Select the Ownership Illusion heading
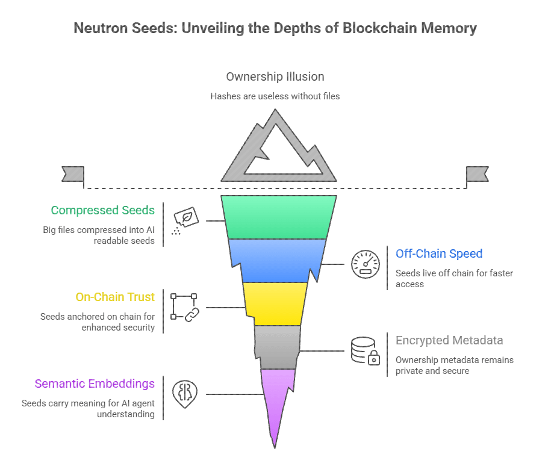click(x=275, y=76)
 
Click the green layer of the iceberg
click(x=278, y=217)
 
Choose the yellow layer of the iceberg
click(x=275, y=303)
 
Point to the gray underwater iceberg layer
click(x=277, y=346)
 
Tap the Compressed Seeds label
click(x=102, y=210)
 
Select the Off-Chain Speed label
click(x=439, y=253)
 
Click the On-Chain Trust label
click(x=115, y=297)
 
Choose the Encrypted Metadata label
click(x=449, y=340)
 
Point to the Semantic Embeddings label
click(x=95, y=384)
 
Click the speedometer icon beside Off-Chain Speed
click(x=365, y=263)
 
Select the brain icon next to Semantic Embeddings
click(x=185, y=393)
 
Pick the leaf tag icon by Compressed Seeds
click(x=185, y=220)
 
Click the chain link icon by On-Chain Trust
click(x=185, y=306)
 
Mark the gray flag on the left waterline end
click(x=73, y=174)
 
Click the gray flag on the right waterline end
click(x=477, y=174)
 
